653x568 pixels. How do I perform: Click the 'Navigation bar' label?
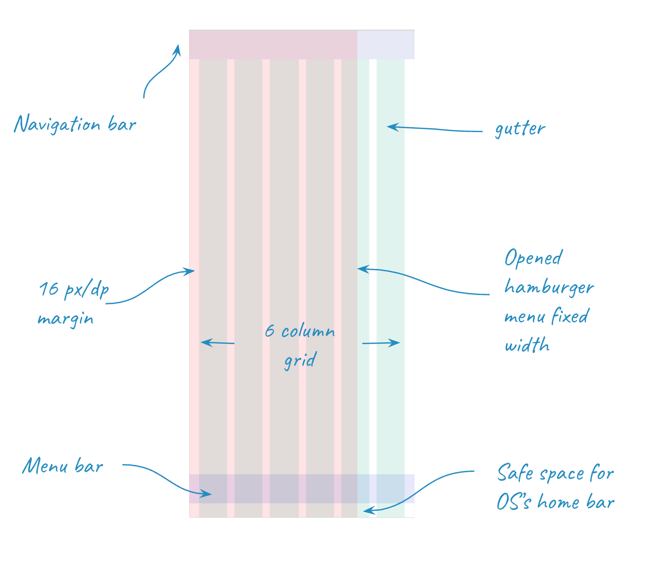click(x=75, y=124)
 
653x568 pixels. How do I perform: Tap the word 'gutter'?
click(x=520, y=129)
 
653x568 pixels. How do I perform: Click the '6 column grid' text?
click(x=300, y=345)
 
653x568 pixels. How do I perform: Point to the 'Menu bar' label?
click(x=63, y=466)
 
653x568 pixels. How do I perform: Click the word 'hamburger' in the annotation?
click(x=549, y=287)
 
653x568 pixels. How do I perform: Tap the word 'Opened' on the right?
click(x=534, y=258)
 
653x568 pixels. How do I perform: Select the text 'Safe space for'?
click(x=555, y=473)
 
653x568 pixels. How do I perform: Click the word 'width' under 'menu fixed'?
click(x=527, y=345)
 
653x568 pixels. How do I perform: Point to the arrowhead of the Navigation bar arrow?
click(x=178, y=47)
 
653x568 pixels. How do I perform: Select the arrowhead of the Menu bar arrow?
click(x=209, y=494)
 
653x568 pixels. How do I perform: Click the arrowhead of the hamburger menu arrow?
click(x=360, y=269)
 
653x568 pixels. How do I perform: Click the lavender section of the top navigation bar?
click(x=386, y=44)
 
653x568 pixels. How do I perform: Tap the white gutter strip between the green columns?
click(x=373, y=228)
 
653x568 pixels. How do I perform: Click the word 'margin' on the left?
click(x=66, y=318)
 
